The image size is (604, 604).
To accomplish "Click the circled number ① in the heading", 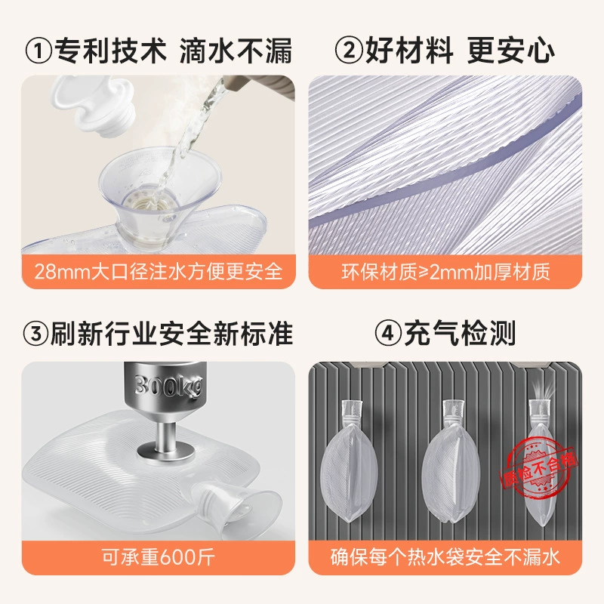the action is coord(39,51).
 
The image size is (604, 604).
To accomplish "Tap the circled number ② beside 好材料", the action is coord(349,51).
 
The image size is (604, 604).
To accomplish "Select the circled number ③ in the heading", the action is coord(35,334).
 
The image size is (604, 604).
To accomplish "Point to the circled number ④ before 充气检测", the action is coord(388,334).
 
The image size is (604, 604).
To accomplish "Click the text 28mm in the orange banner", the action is coord(63,272).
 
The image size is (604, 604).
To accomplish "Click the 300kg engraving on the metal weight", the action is coord(168,386).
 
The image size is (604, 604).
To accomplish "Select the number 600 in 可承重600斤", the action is coord(178,557).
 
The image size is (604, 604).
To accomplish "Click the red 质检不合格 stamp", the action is coord(538,467).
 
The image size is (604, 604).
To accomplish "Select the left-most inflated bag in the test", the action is coord(349,461).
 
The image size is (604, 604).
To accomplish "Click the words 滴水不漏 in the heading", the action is coord(236,51).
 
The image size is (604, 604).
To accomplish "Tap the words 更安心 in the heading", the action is coord(511,51).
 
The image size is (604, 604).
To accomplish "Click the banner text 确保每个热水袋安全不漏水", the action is coord(445,557).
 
